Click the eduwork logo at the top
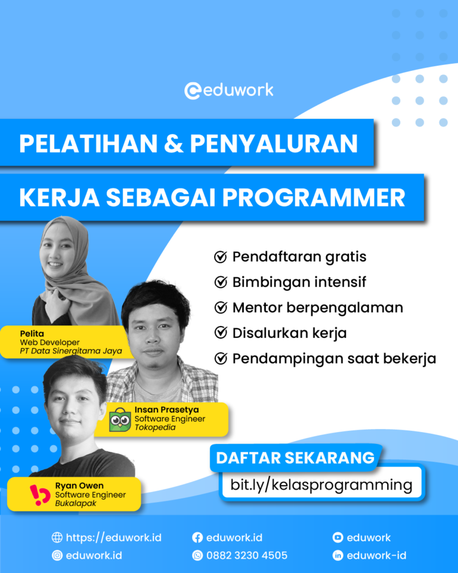click(x=229, y=91)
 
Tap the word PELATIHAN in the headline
click(x=89, y=144)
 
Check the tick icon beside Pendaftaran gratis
click(x=220, y=257)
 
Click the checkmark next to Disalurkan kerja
click(x=220, y=333)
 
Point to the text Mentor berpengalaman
click(x=317, y=308)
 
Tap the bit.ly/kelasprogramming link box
click(x=321, y=485)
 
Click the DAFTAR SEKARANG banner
click(x=295, y=458)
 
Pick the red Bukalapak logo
click(x=40, y=495)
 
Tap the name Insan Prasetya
click(x=166, y=410)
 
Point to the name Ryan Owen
click(x=79, y=486)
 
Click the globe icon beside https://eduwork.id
click(x=57, y=538)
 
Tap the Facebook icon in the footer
click(x=197, y=538)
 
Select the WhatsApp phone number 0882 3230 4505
click(x=246, y=556)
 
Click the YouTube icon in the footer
click(x=338, y=538)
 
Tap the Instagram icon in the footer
click(x=57, y=556)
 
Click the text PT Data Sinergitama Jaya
click(x=70, y=351)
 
